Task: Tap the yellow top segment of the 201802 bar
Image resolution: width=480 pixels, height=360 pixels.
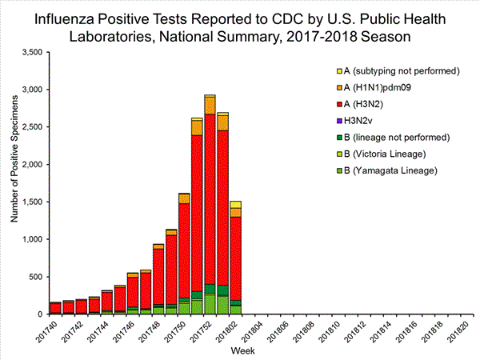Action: tap(235, 204)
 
